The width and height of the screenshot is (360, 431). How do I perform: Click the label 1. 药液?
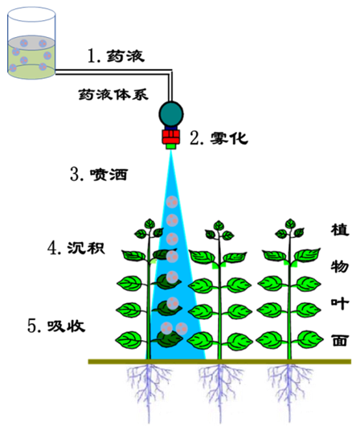[x=116, y=56]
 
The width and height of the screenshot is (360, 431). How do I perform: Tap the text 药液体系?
[x=113, y=94]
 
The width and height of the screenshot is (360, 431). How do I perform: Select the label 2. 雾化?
[x=219, y=138]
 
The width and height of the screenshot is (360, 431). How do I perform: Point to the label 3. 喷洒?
[x=99, y=174]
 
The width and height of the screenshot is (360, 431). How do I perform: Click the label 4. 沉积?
[x=76, y=248]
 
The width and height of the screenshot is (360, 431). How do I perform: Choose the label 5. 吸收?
[x=56, y=326]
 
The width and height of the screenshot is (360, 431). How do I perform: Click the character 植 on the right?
[x=340, y=230]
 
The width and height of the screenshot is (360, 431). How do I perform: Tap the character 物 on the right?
[x=340, y=266]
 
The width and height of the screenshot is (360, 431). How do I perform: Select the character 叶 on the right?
[x=340, y=303]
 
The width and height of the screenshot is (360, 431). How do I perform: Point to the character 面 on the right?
[x=340, y=340]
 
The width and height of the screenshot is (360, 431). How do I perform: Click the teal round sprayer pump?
[x=171, y=114]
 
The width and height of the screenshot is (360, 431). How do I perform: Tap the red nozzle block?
[x=171, y=137]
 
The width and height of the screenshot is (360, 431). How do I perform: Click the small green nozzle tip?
[x=171, y=146]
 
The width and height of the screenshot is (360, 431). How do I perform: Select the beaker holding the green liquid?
[x=31, y=43]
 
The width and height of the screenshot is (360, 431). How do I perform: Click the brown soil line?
[x=219, y=362]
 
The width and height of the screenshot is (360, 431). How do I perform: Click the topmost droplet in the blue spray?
[x=172, y=202]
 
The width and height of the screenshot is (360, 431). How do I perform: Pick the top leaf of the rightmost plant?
[x=290, y=224]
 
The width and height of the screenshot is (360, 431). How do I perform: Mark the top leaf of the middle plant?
[x=219, y=225]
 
